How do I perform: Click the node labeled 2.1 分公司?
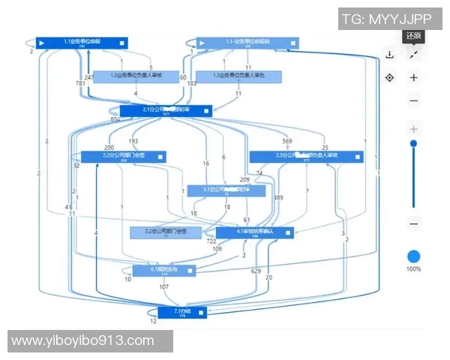click(x=166, y=110)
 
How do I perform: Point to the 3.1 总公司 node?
click(x=225, y=190)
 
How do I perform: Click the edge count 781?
click(x=80, y=83)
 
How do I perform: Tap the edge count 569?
click(x=287, y=141)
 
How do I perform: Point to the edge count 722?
click(x=211, y=241)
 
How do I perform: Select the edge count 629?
click(x=256, y=270)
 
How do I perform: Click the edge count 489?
click(x=279, y=197)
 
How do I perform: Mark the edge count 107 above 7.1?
click(x=164, y=286)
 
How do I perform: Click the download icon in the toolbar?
click(x=389, y=54)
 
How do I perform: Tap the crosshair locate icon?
click(x=389, y=77)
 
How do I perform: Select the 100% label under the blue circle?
click(x=413, y=268)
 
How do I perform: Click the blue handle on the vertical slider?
click(x=413, y=143)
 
